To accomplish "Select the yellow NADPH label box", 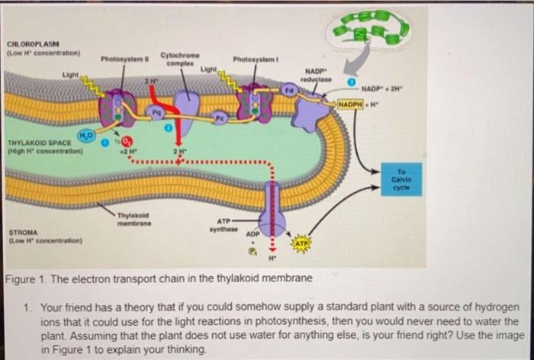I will click(x=349, y=103).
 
